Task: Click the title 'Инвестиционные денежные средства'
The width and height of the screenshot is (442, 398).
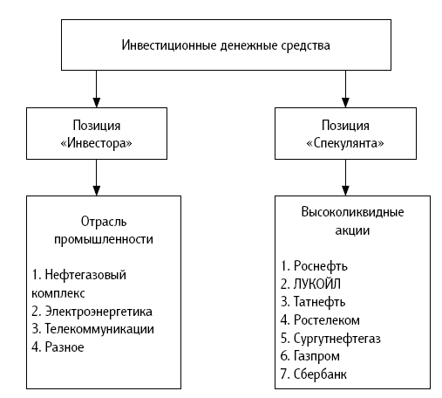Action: click(226, 45)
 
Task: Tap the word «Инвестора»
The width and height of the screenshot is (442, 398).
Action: click(96, 143)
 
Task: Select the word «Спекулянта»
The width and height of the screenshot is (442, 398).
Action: click(345, 143)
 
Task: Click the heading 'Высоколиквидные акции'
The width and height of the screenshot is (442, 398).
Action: click(352, 221)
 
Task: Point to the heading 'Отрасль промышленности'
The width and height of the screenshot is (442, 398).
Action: click(104, 230)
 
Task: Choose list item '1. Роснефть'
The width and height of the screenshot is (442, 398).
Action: click(314, 266)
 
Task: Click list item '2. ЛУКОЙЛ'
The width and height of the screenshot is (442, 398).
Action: click(310, 284)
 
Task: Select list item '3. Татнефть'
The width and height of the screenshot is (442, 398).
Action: click(313, 302)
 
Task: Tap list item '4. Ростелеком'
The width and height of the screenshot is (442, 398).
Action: click(320, 320)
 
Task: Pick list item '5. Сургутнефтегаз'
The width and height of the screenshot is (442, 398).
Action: click(330, 339)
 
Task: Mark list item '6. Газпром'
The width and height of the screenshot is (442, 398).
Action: click(310, 356)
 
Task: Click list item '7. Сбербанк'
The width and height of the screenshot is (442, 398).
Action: click(314, 374)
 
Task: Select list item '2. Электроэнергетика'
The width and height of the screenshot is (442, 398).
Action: click(92, 312)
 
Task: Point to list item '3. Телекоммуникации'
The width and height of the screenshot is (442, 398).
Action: click(92, 329)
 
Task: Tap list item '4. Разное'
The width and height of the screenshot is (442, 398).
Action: click(58, 347)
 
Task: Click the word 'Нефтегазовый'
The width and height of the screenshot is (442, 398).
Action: click(85, 275)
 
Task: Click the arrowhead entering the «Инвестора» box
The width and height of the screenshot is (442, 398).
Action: click(97, 103)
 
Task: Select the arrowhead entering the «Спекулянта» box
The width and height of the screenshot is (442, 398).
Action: click(345, 103)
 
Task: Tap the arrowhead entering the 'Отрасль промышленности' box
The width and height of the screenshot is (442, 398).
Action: click(97, 190)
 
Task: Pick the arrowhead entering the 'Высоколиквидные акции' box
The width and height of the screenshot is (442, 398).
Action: click(345, 190)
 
